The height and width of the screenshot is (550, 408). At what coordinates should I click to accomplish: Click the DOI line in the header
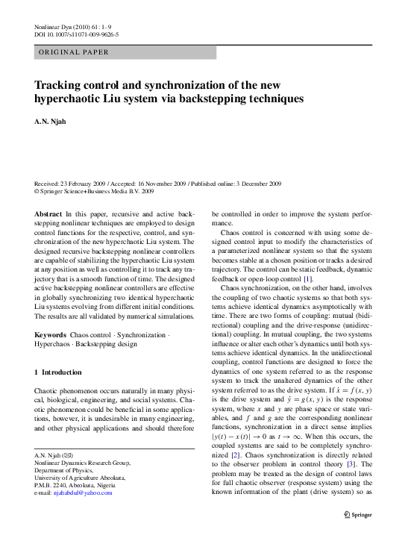click(x=77, y=35)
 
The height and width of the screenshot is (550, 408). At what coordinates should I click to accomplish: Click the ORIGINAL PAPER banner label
click(x=72, y=52)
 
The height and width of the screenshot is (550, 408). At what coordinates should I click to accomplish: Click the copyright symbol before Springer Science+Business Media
click(x=37, y=191)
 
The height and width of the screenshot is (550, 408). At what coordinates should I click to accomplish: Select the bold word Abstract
click(x=48, y=213)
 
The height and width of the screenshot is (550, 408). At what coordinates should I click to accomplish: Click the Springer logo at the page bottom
click(x=359, y=515)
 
